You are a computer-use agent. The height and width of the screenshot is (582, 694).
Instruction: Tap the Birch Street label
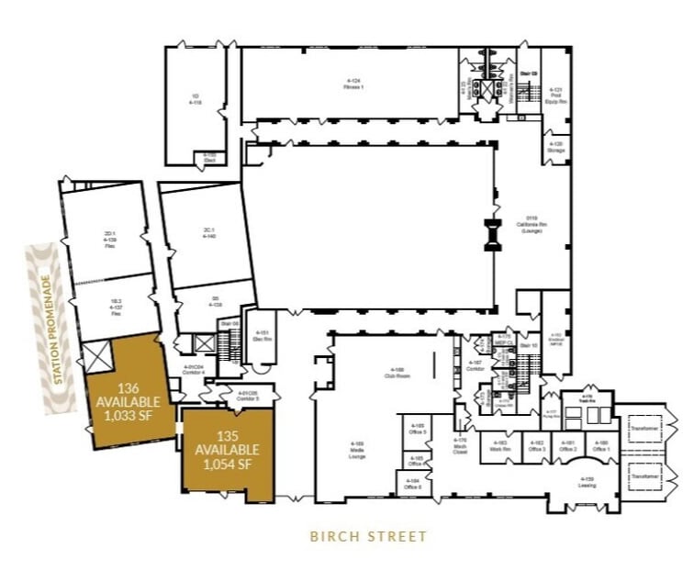point(367,536)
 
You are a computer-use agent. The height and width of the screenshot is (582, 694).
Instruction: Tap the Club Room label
point(395,374)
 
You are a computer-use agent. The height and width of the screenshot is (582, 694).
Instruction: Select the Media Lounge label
point(357,448)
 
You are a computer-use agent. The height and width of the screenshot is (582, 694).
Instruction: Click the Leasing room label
point(587,482)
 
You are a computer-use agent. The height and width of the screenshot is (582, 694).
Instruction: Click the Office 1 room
point(600,446)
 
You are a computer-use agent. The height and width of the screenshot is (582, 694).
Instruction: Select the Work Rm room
point(499,446)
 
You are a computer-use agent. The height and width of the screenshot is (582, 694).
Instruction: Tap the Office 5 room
point(417,428)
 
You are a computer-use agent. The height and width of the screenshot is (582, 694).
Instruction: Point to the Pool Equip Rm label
point(556,95)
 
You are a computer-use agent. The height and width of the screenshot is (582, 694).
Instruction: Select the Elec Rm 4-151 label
point(262,335)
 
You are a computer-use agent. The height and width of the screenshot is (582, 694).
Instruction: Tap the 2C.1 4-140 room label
point(208,233)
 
